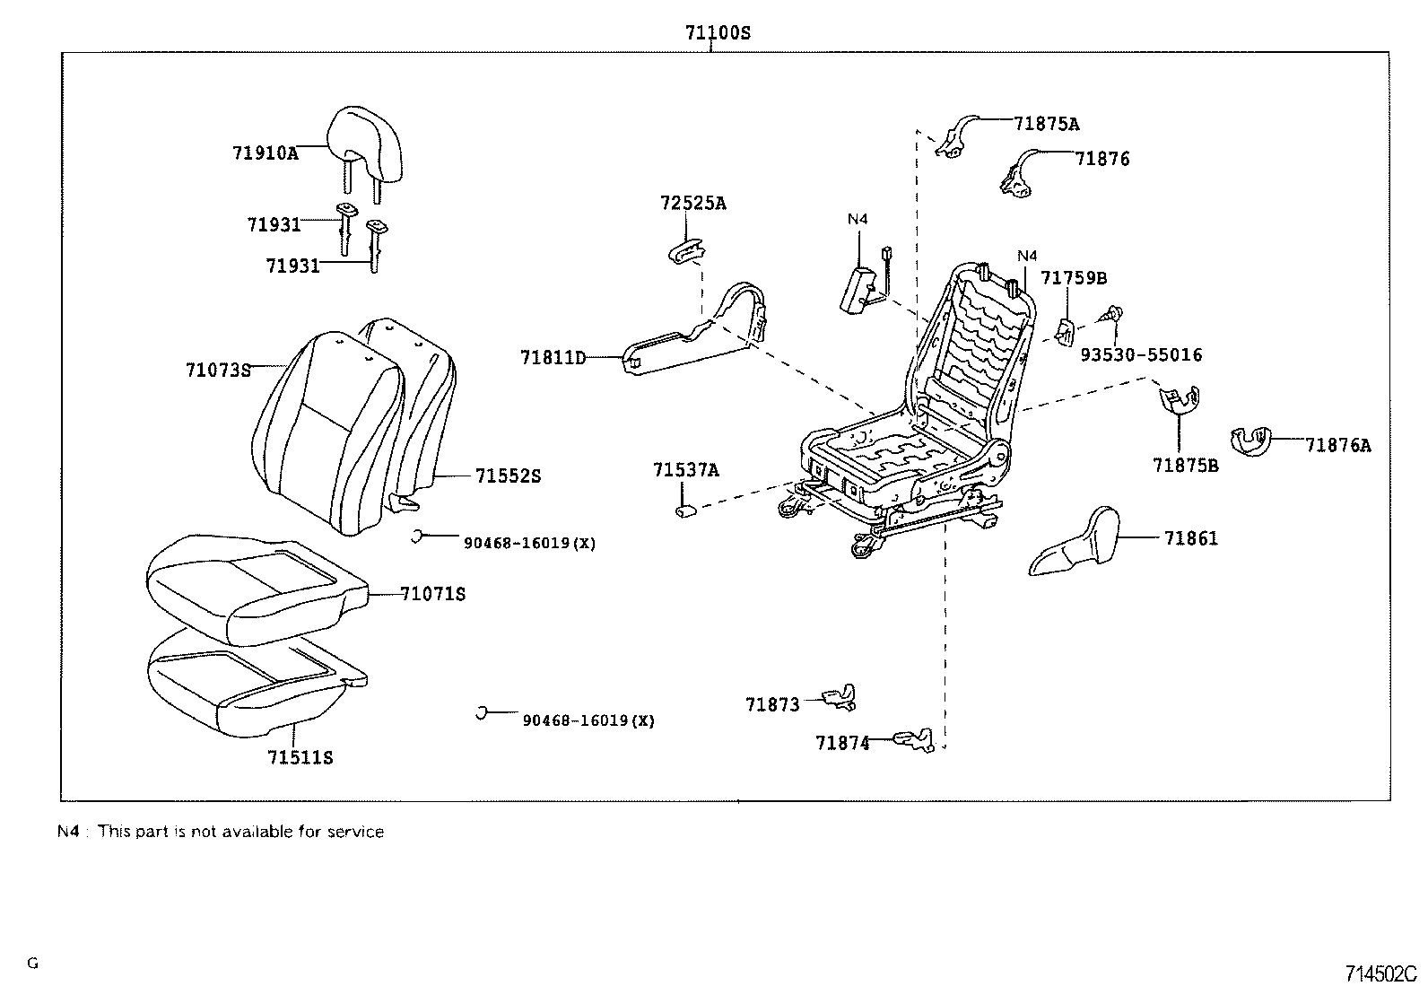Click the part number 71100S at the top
[x=718, y=32]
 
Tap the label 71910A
[x=266, y=153]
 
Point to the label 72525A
[x=693, y=203]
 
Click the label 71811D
[x=553, y=358]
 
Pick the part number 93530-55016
[x=1141, y=354]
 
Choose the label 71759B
[x=1074, y=278]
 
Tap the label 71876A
[x=1338, y=445]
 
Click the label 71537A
[x=686, y=470]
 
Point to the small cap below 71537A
[x=685, y=510]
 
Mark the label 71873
[x=772, y=705]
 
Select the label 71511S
[x=300, y=758]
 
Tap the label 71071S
[x=433, y=595]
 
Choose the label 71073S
[x=219, y=370]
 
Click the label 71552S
[x=508, y=476]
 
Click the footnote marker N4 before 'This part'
[x=68, y=832]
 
